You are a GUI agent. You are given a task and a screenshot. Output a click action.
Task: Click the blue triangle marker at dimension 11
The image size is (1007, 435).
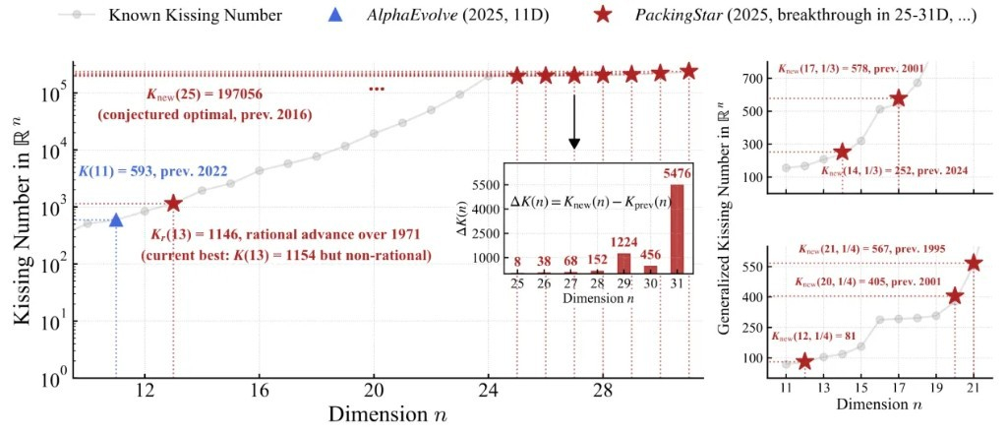[116, 219]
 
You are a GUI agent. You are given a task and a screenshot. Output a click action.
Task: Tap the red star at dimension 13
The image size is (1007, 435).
[174, 203]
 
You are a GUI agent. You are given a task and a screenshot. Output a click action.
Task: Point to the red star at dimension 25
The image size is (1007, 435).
[516, 75]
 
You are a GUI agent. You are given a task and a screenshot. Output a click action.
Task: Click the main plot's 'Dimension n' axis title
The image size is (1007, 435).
[388, 413]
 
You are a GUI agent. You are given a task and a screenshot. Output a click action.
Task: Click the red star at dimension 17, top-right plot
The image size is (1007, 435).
[899, 98]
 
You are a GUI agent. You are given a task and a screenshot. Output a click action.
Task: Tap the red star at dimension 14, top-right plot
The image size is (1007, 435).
[842, 152]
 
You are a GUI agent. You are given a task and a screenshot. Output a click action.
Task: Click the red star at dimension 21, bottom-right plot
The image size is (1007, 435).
[974, 263]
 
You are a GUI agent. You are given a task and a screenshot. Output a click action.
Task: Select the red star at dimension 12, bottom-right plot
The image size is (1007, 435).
[805, 361]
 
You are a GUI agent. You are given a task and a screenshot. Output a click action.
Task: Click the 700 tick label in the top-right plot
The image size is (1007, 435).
[755, 78]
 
